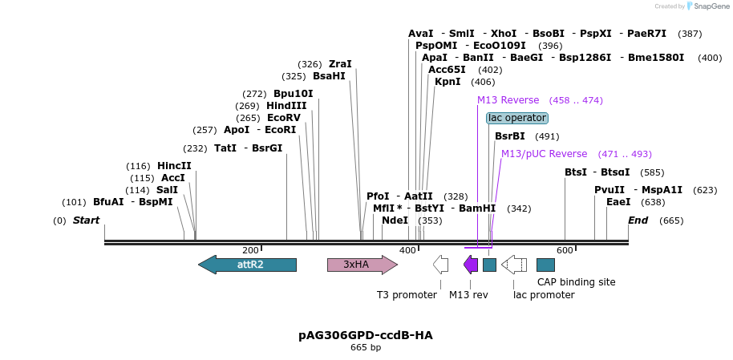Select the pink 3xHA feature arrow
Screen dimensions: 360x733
(x=362, y=265)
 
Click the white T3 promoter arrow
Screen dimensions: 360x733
(x=440, y=265)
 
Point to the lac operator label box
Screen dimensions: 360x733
(x=517, y=118)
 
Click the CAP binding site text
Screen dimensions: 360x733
(x=576, y=282)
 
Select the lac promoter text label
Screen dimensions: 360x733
(x=544, y=295)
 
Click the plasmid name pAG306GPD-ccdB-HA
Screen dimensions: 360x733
(x=366, y=335)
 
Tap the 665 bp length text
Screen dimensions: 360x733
(x=366, y=348)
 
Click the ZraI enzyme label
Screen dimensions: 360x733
(x=340, y=64)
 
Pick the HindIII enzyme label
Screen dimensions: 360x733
(x=286, y=106)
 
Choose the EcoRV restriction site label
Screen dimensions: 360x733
(x=284, y=118)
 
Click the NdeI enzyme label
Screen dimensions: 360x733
(x=395, y=220)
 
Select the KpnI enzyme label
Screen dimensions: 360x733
(x=447, y=82)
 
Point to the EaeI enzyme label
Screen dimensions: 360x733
(x=618, y=202)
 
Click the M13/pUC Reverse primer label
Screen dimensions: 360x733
(x=544, y=154)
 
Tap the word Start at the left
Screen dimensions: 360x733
(x=87, y=220)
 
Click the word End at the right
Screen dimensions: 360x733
(x=638, y=220)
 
